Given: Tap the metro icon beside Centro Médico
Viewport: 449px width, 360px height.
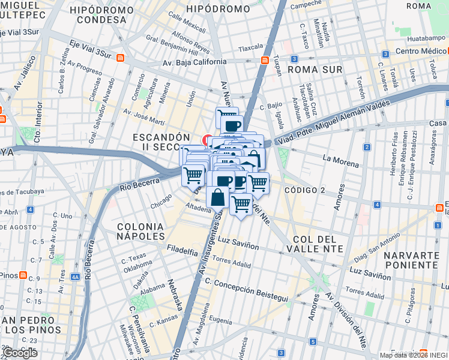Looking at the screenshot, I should (382, 52).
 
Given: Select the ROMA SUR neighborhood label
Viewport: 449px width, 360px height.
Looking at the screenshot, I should (315, 70).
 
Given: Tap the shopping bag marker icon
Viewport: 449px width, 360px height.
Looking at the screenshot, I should (217, 197).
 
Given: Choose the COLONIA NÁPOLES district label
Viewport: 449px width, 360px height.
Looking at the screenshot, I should (140, 231).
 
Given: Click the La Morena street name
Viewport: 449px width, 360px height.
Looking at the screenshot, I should (340, 159).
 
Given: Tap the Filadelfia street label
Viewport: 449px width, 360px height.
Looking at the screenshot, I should (182, 251).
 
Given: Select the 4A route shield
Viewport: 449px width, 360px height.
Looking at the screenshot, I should (74, 277).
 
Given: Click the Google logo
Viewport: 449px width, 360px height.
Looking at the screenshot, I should (20, 353).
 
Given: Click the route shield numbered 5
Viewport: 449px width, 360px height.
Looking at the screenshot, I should (313, 341).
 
